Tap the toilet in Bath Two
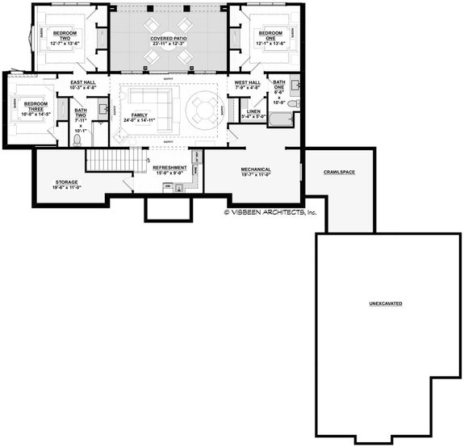[77, 140]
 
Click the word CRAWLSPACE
[340, 172]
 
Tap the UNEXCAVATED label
[386, 303]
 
